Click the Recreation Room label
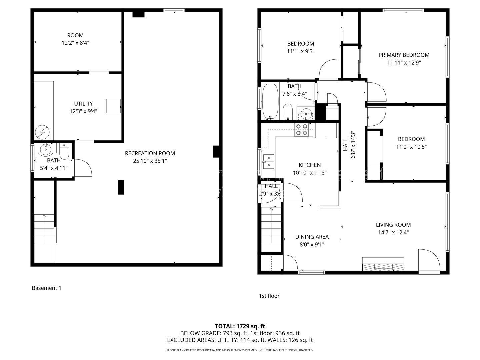click(x=150, y=153)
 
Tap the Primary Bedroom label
click(x=404, y=55)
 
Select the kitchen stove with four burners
click(x=302, y=130)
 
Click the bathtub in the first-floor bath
click(x=270, y=102)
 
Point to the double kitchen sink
click(x=269, y=162)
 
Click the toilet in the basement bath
click(x=64, y=151)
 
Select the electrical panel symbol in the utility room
click(x=42, y=132)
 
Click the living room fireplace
click(x=383, y=264)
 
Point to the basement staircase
click(x=44, y=228)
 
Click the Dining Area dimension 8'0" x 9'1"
click(x=312, y=244)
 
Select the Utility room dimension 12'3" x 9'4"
click(x=83, y=111)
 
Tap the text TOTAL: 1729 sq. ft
click(x=240, y=326)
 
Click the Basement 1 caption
click(x=47, y=288)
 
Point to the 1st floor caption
click(x=269, y=296)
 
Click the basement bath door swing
click(x=83, y=168)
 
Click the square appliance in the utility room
click(x=113, y=106)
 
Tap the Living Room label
click(x=393, y=225)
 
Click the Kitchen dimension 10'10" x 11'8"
click(x=310, y=173)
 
